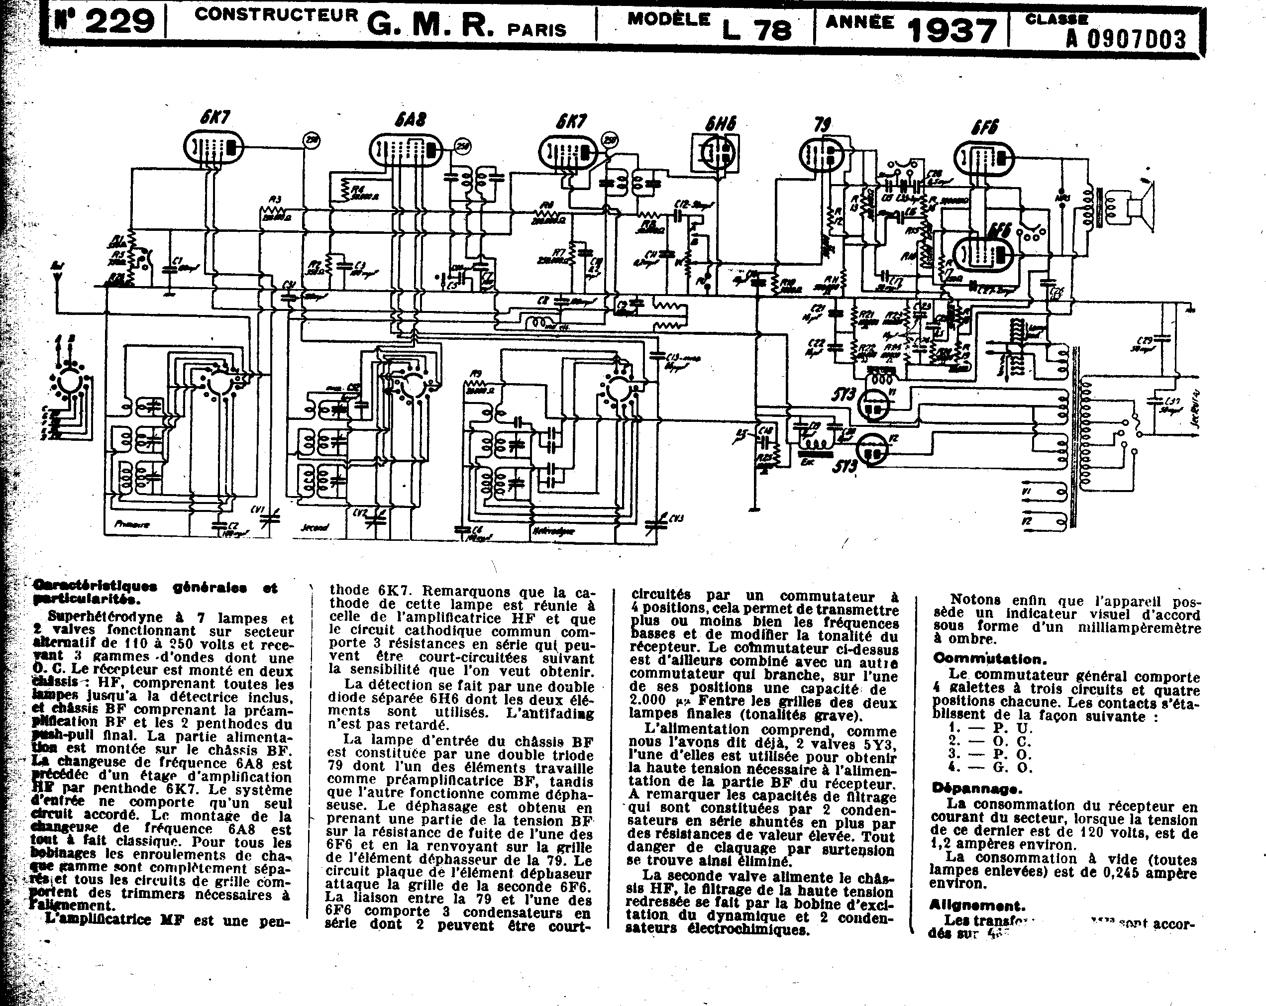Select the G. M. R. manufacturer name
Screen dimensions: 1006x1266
[430, 26]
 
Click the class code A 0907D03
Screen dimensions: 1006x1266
[1126, 39]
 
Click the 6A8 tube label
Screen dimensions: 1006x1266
[410, 120]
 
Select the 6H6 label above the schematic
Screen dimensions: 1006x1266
[720, 124]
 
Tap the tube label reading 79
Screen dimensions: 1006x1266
[822, 125]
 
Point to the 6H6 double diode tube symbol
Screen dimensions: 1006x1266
[716, 153]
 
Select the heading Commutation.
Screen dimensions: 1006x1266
[989, 659]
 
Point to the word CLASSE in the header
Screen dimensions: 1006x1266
[1056, 19]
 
